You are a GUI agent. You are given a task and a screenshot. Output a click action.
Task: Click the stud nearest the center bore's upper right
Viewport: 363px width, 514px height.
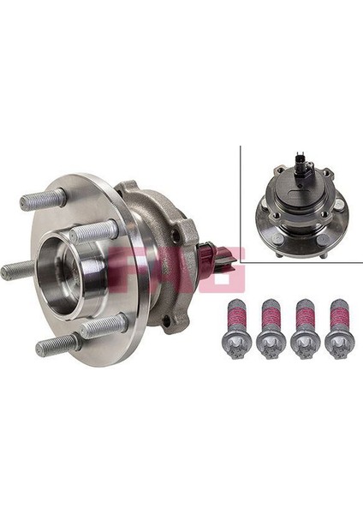94,230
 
